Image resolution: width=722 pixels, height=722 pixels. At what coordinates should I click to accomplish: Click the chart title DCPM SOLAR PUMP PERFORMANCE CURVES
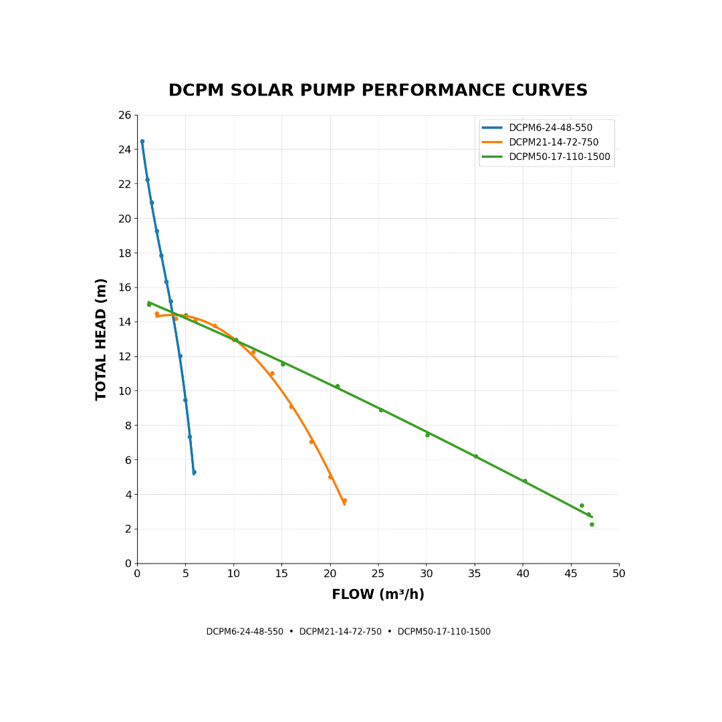[378, 90]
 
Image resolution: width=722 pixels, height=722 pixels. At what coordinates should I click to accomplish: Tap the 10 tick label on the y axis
[125, 391]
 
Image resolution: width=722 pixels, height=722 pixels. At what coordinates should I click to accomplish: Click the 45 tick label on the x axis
[571, 574]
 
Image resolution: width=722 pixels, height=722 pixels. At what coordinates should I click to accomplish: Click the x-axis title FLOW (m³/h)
[378, 594]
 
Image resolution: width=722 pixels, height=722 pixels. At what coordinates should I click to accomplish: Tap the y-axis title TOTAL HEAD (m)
[101, 340]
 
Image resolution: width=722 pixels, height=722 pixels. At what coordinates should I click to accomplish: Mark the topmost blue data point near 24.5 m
[142, 141]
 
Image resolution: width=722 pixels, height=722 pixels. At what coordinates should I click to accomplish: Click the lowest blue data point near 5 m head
[195, 473]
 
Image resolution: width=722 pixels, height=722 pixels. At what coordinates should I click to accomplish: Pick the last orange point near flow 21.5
[345, 501]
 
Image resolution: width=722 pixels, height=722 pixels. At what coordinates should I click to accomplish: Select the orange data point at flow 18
[312, 442]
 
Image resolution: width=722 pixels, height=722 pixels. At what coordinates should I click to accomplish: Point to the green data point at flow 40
[525, 481]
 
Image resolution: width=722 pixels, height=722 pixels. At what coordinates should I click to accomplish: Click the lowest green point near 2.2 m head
[592, 525]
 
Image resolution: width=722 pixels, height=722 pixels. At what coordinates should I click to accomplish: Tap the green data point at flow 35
[476, 457]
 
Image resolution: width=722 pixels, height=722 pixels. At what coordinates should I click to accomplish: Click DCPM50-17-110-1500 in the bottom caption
[444, 632]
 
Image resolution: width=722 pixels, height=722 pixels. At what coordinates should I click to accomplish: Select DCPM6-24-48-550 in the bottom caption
[245, 632]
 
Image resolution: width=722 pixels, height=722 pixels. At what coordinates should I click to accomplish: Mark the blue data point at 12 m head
[180, 356]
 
